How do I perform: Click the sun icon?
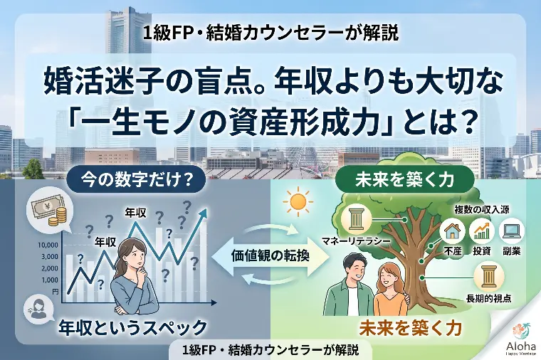coord(298,203)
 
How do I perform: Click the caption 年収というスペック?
coord(133,327)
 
